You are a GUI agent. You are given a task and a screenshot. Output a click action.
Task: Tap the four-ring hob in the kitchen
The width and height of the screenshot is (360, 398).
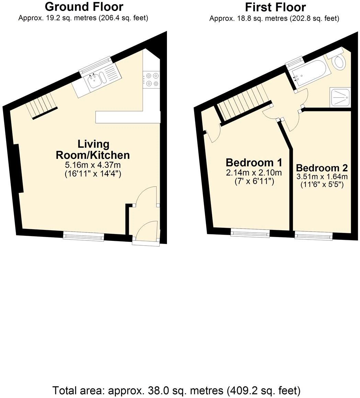[x=151, y=79]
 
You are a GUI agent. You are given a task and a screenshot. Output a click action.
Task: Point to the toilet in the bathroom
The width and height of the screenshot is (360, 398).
[x=339, y=61]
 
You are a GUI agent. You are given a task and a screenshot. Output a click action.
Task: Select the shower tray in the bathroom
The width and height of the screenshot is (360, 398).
[x=340, y=97]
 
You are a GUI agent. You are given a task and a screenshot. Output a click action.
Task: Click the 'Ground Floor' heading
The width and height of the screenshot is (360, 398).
[x=84, y=7]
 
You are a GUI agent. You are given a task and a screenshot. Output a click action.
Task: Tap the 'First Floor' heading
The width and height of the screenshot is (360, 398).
[x=275, y=7]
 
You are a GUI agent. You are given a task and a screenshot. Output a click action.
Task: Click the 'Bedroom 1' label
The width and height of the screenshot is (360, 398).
[x=254, y=162]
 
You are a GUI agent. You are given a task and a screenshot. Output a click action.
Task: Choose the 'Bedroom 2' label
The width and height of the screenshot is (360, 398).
[x=322, y=168]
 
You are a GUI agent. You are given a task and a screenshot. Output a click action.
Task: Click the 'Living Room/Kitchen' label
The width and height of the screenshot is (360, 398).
[x=93, y=149]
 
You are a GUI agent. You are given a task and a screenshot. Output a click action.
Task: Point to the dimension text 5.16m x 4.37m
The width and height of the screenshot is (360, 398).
[x=93, y=165]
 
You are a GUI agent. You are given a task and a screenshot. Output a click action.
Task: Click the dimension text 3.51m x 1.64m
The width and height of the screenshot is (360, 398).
[x=322, y=177]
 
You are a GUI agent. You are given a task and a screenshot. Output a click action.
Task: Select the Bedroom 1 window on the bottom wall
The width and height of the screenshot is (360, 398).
[x=250, y=234]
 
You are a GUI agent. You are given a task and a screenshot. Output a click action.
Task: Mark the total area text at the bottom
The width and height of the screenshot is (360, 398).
[x=177, y=390]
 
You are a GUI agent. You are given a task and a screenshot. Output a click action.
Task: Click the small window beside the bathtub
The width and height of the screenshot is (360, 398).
[x=295, y=62]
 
